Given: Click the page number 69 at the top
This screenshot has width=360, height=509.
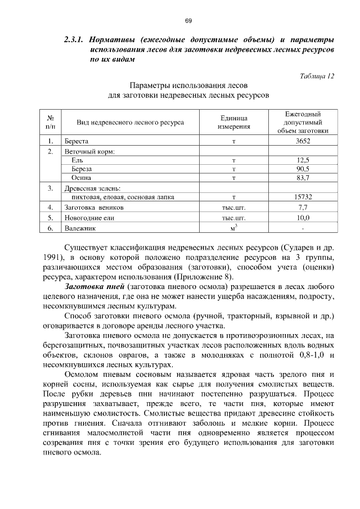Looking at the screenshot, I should (189, 21).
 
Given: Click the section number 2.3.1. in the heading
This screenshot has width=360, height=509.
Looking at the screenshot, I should (74, 40).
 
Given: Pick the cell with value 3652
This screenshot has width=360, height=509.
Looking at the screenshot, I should (303, 141).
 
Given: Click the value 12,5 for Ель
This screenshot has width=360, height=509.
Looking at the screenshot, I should (303, 160).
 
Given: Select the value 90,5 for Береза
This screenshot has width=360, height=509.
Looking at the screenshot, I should (303, 169).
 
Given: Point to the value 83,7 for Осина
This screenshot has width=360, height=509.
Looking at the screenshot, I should (303, 178).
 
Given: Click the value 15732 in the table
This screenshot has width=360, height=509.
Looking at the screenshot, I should (303, 197).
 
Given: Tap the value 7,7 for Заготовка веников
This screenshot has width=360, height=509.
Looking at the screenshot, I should (303, 207).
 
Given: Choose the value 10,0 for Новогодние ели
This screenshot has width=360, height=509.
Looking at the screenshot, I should (303, 217).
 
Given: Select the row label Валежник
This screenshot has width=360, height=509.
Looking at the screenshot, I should (79, 228).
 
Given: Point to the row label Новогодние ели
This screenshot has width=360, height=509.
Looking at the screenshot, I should (85, 217).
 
